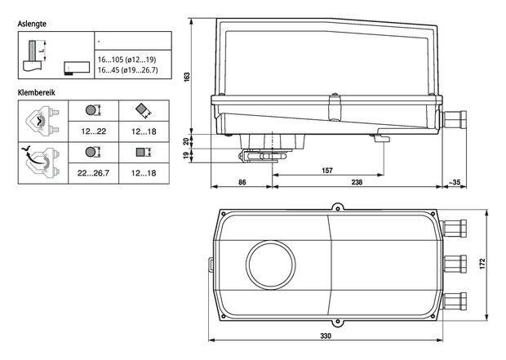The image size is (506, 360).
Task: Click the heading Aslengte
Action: click(32, 24)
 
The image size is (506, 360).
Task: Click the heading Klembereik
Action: click(36, 93)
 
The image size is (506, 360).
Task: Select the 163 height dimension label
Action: click(187, 77)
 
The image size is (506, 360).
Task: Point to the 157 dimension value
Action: click(327, 171)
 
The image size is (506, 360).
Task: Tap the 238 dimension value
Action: click(357, 182)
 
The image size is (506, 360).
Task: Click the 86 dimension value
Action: click(242, 182)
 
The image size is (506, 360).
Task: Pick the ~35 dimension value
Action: click(455, 182)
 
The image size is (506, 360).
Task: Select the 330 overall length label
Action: click(326, 336)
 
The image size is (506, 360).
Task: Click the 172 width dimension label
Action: click(482, 264)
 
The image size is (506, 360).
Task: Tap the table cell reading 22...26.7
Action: click(93, 173)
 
